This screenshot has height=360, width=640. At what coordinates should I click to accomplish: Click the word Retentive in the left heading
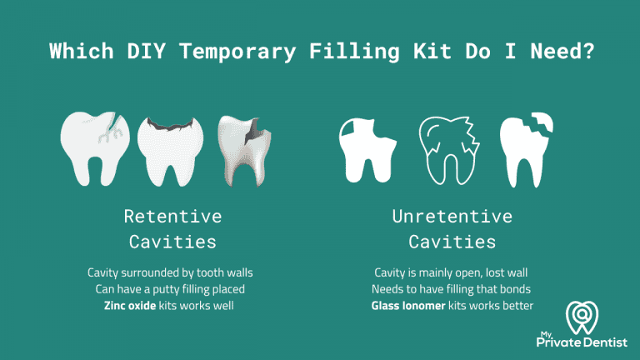(x=172, y=217)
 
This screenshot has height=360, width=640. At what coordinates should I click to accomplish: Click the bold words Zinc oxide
(x=131, y=306)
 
